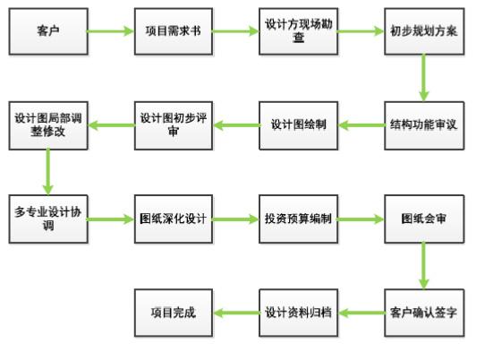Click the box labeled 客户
(x=48, y=31)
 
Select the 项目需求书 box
(x=174, y=31)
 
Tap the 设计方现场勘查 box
(x=298, y=31)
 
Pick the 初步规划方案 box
(x=424, y=31)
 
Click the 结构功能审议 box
(x=424, y=125)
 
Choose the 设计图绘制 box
(x=298, y=125)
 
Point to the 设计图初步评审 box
(x=174, y=125)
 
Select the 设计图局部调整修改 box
(x=48, y=125)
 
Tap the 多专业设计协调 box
(x=48, y=219)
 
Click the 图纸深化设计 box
(x=174, y=219)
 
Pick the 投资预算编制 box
(x=298, y=219)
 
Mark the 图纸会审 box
(x=424, y=219)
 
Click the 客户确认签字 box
(x=424, y=313)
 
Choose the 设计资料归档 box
(x=298, y=313)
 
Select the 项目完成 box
(x=174, y=313)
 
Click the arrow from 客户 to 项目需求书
(x=111, y=31)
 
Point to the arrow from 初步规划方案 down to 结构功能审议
(x=424, y=78)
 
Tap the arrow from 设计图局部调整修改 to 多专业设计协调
(x=47, y=172)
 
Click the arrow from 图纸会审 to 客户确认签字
(x=424, y=266)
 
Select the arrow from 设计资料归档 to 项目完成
(x=236, y=313)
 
